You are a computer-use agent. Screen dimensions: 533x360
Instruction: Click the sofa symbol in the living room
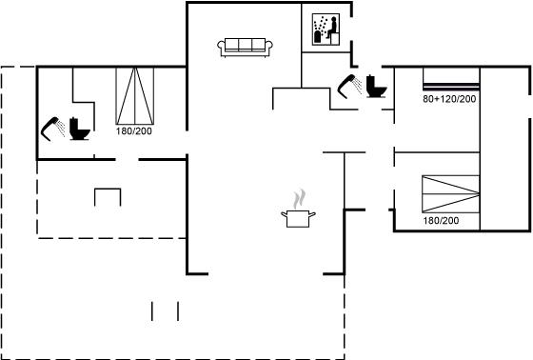(245, 47)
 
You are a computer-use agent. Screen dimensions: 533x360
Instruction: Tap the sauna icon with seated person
(326, 30)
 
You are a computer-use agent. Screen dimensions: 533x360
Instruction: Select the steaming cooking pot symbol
(298, 209)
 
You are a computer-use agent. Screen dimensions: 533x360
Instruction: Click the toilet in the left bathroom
(80, 129)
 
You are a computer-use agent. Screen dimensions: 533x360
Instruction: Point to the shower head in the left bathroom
(52, 129)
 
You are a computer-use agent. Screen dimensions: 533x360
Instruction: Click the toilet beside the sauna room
(376, 86)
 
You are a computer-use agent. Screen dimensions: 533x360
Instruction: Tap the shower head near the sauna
(350, 86)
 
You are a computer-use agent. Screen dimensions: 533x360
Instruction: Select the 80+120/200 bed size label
(449, 99)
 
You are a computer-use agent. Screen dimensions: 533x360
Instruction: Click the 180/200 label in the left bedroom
(133, 131)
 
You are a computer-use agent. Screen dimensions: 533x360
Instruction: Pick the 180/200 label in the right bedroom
(441, 221)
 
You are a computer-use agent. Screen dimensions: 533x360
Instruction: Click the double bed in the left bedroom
(135, 96)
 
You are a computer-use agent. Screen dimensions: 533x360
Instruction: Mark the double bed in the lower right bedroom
(451, 194)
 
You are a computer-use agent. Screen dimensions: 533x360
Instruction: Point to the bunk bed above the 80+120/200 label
(451, 79)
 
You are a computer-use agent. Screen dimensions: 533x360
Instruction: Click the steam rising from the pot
(299, 199)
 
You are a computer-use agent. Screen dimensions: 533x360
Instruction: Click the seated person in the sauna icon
(331, 28)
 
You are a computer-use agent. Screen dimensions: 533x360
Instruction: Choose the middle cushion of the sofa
(246, 44)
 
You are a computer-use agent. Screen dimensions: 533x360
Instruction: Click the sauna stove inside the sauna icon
(319, 36)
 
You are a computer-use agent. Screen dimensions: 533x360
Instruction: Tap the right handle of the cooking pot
(312, 214)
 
